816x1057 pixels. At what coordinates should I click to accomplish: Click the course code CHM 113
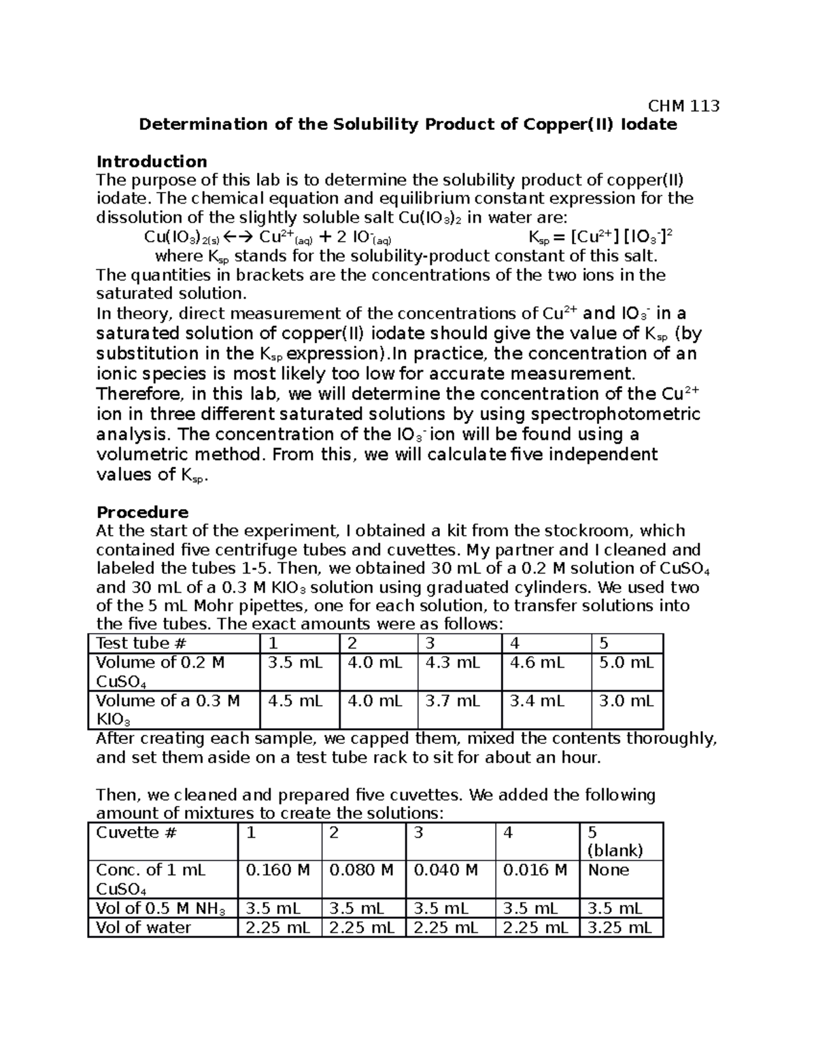click(x=683, y=105)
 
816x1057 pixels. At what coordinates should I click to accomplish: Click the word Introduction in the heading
click(x=152, y=161)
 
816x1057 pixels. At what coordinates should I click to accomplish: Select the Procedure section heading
click(x=142, y=512)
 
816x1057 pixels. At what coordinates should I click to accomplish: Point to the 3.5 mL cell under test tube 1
click(x=295, y=663)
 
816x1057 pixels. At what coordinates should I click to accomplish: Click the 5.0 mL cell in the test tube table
click(x=626, y=663)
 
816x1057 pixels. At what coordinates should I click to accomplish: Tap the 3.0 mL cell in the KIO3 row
click(x=626, y=701)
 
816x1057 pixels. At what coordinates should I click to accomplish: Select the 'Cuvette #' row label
click(x=136, y=832)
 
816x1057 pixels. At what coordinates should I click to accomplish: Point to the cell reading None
click(x=609, y=870)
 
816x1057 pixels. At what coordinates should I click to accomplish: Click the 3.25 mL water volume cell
click(x=619, y=927)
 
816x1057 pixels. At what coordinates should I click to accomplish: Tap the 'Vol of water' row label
click(x=143, y=927)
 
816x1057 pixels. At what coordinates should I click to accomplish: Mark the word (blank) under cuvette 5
click(x=615, y=850)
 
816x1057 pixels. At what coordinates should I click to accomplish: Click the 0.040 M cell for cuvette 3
click(x=445, y=870)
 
